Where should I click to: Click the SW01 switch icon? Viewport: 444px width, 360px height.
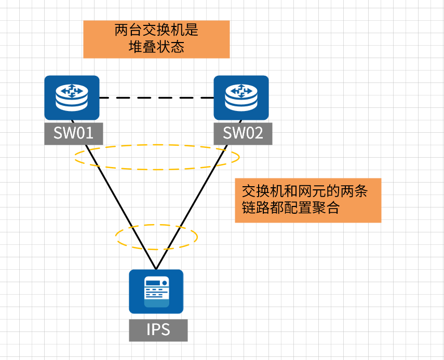pyautogui.click(x=72, y=98)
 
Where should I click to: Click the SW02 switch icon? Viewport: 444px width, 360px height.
pyautogui.click(x=241, y=98)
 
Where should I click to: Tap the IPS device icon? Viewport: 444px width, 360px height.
pyautogui.click(x=156, y=291)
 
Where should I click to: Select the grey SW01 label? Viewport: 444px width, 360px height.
pyautogui.click(x=73, y=133)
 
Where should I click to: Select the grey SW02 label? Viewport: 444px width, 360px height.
pyautogui.click(x=243, y=133)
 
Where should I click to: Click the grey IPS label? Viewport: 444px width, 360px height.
pyautogui.click(x=158, y=330)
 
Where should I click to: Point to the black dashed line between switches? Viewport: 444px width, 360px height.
pyautogui.click(x=156, y=98)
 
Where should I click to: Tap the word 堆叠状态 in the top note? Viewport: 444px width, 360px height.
pyautogui.click(x=156, y=48)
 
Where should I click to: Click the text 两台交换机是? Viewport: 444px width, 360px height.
pyautogui.click(x=156, y=31)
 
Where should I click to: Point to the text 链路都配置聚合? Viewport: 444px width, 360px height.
pyautogui.click(x=290, y=209)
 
